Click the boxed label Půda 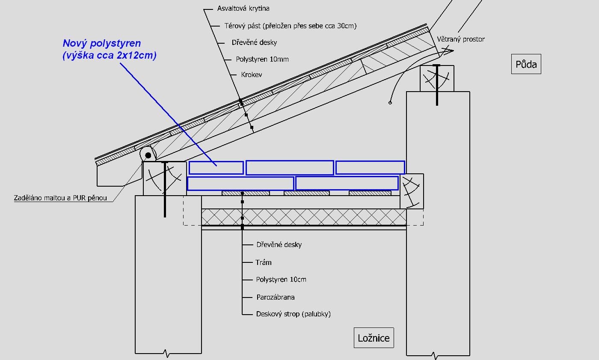(526, 65)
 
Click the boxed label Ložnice (374, 338)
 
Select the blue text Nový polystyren (102, 43)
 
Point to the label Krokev (252, 74)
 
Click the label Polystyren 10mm (262, 59)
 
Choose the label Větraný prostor (460, 39)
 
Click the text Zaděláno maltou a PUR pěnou (60, 198)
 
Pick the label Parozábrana (276, 297)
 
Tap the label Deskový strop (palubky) (293, 314)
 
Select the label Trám (264, 262)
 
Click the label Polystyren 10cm (281, 280)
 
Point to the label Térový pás (290, 26)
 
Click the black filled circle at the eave (148, 155)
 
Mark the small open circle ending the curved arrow (390, 103)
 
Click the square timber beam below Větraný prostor (437, 78)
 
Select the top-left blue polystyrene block (216, 167)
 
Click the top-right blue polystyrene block (370, 167)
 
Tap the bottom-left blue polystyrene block (240, 184)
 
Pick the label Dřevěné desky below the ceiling (279, 245)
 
